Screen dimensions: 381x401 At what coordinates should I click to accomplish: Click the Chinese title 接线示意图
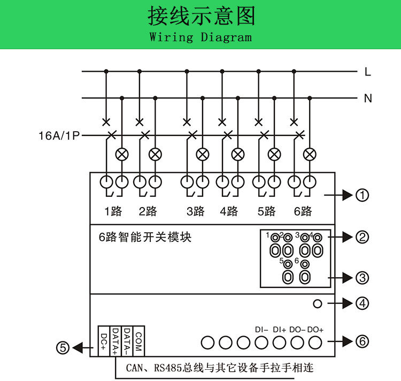click(x=202, y=17)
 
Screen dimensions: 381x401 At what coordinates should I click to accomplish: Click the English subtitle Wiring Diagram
click(x=200, y=37)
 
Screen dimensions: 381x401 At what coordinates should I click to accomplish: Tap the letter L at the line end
click(x=368, y=72)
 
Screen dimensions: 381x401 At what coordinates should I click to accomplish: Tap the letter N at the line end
click(x=368, y=98)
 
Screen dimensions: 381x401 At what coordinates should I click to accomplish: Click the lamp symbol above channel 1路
click(x=122, y=155)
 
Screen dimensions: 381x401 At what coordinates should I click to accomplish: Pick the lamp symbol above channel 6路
click(x=309, y=155)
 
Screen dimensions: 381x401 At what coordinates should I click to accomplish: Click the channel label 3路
click(x=196, y=211)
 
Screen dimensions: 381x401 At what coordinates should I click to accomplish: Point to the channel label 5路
click(x=266, y=211)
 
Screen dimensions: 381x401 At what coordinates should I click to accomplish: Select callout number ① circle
click(x=363, y=195)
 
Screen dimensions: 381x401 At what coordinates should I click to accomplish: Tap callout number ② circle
click(x=363, y=237)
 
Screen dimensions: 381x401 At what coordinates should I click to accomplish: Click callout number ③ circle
click(x=363, y=277)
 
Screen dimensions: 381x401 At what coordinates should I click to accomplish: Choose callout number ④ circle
click(x=363, y=303)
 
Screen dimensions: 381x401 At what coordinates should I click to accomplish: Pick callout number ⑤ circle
click(x=63, y=348)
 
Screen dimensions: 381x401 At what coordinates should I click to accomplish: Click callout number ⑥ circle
click(x=363, y=341)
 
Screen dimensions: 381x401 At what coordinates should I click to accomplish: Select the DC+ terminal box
click(x=104, y=340)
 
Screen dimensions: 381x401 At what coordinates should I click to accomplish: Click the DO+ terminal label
click(x=316, y=330)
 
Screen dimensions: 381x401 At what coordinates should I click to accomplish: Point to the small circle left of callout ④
click(x=318, y=303)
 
